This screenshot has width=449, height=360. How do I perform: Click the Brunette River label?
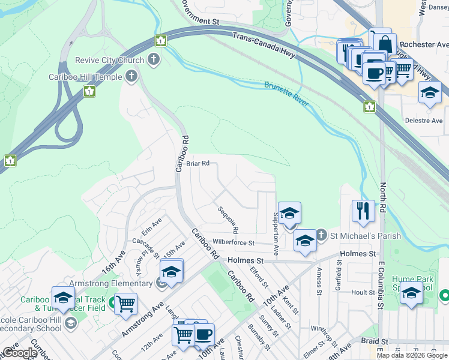coord(287,94)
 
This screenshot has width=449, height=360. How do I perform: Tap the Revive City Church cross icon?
coord(154,59)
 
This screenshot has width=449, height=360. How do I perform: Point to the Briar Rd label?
coord(197,163)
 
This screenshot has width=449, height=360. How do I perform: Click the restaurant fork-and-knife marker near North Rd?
coord(363,210)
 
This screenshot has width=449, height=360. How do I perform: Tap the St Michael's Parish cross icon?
coord(321,235)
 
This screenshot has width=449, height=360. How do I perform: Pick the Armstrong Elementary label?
coord(118,283)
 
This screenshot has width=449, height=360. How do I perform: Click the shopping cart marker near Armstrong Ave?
coord(125,304)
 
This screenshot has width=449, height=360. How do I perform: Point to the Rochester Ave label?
coord(424,44)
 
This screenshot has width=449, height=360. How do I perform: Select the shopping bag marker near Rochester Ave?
coord(384,43)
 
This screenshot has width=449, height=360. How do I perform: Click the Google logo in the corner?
coord(20,353)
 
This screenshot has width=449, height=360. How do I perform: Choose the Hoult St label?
coord(363,292)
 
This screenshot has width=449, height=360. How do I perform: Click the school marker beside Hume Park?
coord(411,294)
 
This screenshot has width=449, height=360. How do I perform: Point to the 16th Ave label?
coord(113,263)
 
